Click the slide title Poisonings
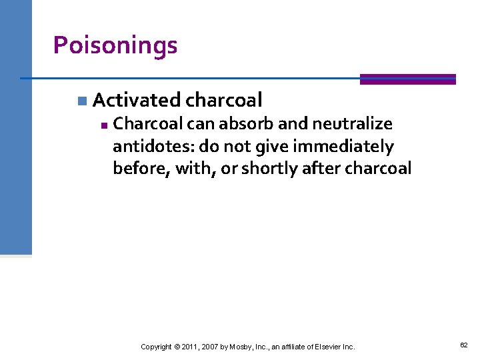tap(115, 45)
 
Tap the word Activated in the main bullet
tap(136, 100)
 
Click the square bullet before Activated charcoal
tap(81, 101)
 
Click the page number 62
tap(463, 345)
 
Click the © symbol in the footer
tap(177, 347)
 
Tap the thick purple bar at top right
tap(407, 79)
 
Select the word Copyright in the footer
tap(156, 347)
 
